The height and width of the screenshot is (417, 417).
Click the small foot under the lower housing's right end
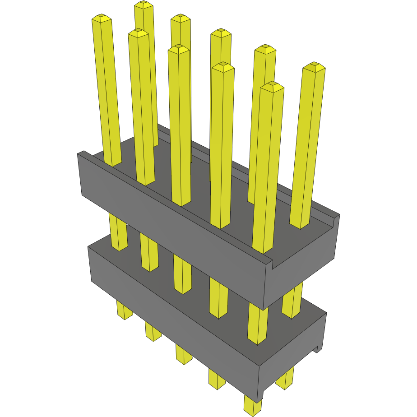319,348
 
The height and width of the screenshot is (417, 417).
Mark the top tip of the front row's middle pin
179,49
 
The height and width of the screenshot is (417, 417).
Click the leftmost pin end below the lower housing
125,311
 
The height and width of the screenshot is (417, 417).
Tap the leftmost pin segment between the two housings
119,232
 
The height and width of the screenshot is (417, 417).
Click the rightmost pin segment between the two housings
292,300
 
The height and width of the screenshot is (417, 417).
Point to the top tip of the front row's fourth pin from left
223,67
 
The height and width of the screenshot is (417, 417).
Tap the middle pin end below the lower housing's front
184,355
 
